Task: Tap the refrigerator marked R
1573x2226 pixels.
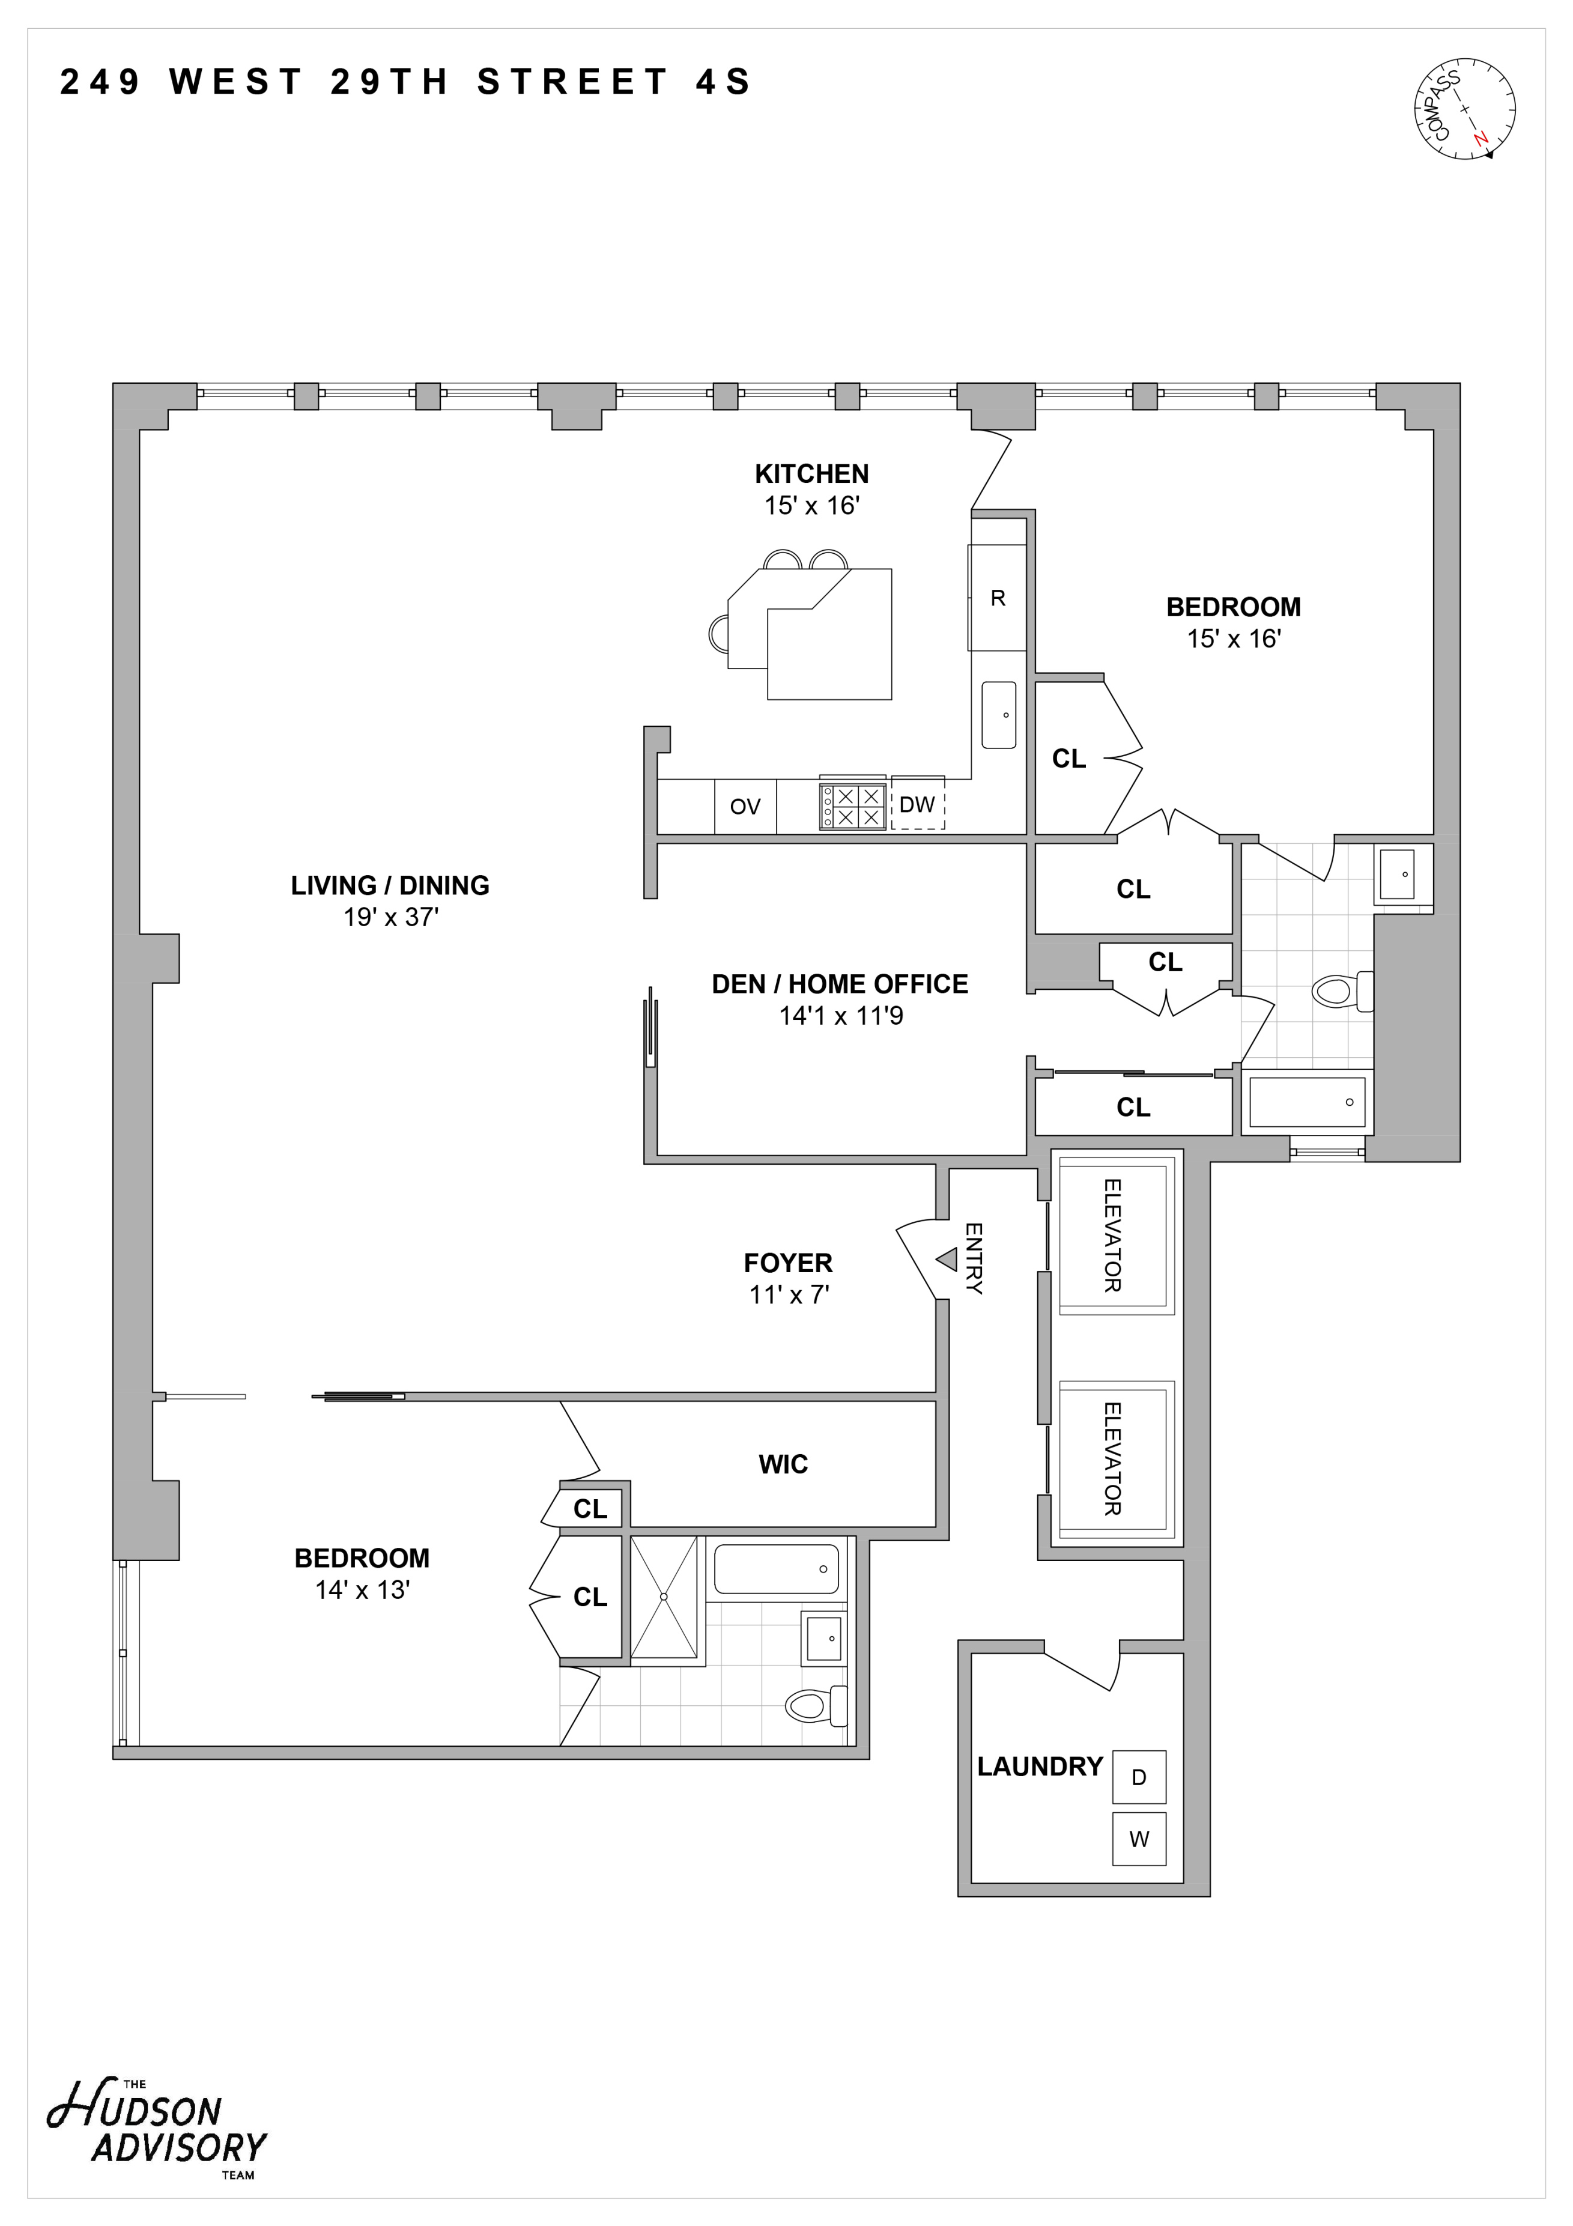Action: click(997, 598)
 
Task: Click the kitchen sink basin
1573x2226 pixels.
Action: click(999, 715)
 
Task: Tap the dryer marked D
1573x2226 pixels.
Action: click(1139, 1777)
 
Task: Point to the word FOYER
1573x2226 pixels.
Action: click(788, 1263)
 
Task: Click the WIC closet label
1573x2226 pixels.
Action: click(783, 1464)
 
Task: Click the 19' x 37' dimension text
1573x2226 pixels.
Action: click(390, 917)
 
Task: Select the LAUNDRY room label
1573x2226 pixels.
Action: click(1040, 1767)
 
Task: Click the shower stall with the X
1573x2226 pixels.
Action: click(664, 1597)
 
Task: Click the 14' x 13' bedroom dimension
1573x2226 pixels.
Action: click(363, 1590)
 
